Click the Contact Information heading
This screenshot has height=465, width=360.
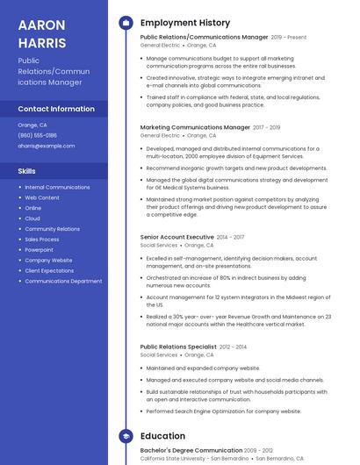pyautogui.click(x=56, y=109)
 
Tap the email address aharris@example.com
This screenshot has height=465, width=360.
pyautogui.click(x=47, y=146)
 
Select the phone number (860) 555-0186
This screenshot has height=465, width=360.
pyautogui.click(x=38, y=135)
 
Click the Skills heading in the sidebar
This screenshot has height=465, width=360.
pyautogui.click(x=27, y=171)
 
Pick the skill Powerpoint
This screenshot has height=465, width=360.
pyautogui.click(x=39, y=249)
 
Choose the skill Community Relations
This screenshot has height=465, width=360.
pyautogui.click(x=52, y=228)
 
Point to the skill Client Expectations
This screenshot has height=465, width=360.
pyautogui.click(x=49, y=270)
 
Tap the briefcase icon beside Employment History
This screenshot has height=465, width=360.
pyautogui.click(x=126, y=22)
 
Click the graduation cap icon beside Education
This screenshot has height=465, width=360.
pyautogui.click(x=126, y=436)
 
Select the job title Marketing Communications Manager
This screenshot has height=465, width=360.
pyautogui.click(x=195, y=127)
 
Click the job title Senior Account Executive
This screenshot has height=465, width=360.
pyautogui.click(x=176, y=237)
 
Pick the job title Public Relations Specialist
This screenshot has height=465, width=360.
pyautogui.click(x=179, y=347)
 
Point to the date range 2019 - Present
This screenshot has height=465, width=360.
pyautogui.click(x=289, y=38)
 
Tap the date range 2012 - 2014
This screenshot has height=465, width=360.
pyautogui.click(x=234, y=347)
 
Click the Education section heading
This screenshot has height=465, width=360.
pyautogui.click(x=162, y=436)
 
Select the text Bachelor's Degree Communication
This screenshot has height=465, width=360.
pyautogui.click(x=191, y=450)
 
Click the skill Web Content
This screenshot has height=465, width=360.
pyautogui.click(x=42, y=197)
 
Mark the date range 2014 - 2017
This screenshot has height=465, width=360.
pyautogui.click(x=231, y=237)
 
